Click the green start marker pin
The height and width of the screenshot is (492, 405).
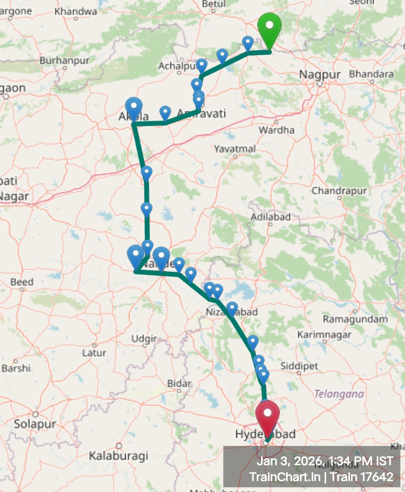coord(269,28)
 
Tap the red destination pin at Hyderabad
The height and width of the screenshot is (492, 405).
coord(267,416)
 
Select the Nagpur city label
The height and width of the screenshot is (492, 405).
coord(320,75)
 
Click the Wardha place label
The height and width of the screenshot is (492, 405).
coord(277,130)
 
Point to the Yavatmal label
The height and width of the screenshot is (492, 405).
coord(235,149)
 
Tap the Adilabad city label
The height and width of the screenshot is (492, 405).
coord(271,217)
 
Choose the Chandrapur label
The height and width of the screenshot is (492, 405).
coord(339,191)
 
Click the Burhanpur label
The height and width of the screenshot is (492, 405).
coord(65,61)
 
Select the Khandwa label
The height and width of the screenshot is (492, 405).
coord(76,12)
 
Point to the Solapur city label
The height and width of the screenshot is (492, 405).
coord(35,424)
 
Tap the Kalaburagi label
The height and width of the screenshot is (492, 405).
coord(118,455)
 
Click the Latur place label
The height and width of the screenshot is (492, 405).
coord(94,353)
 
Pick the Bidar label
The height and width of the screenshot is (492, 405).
coord(179,383)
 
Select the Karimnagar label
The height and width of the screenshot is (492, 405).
coord(324,335)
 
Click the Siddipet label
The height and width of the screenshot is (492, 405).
coord(299,366)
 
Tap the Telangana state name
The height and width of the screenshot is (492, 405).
coord(339,394)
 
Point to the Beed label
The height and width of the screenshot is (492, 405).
coord(22,282)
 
